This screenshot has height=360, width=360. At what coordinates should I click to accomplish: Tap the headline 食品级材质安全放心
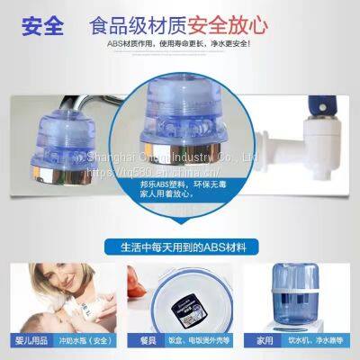[x=202, y=22]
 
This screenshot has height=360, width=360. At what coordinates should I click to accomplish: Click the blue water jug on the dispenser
[x=315, y=288]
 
